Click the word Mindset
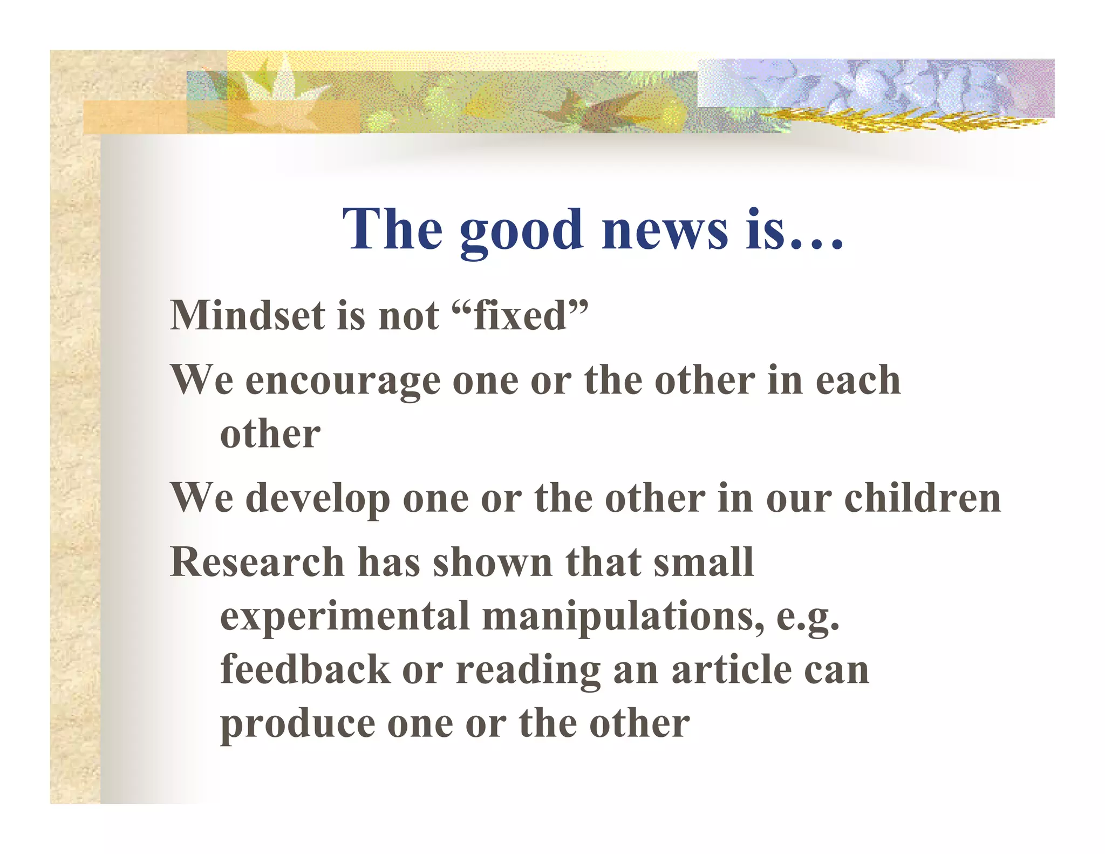click(247, 316)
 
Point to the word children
click(922, 498)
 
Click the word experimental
click(344, 617)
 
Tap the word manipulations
click(623, 616)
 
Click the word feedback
click(305, 669)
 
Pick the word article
click(731, 669)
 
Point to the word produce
click(298, 724)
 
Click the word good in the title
click(521, 231)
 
